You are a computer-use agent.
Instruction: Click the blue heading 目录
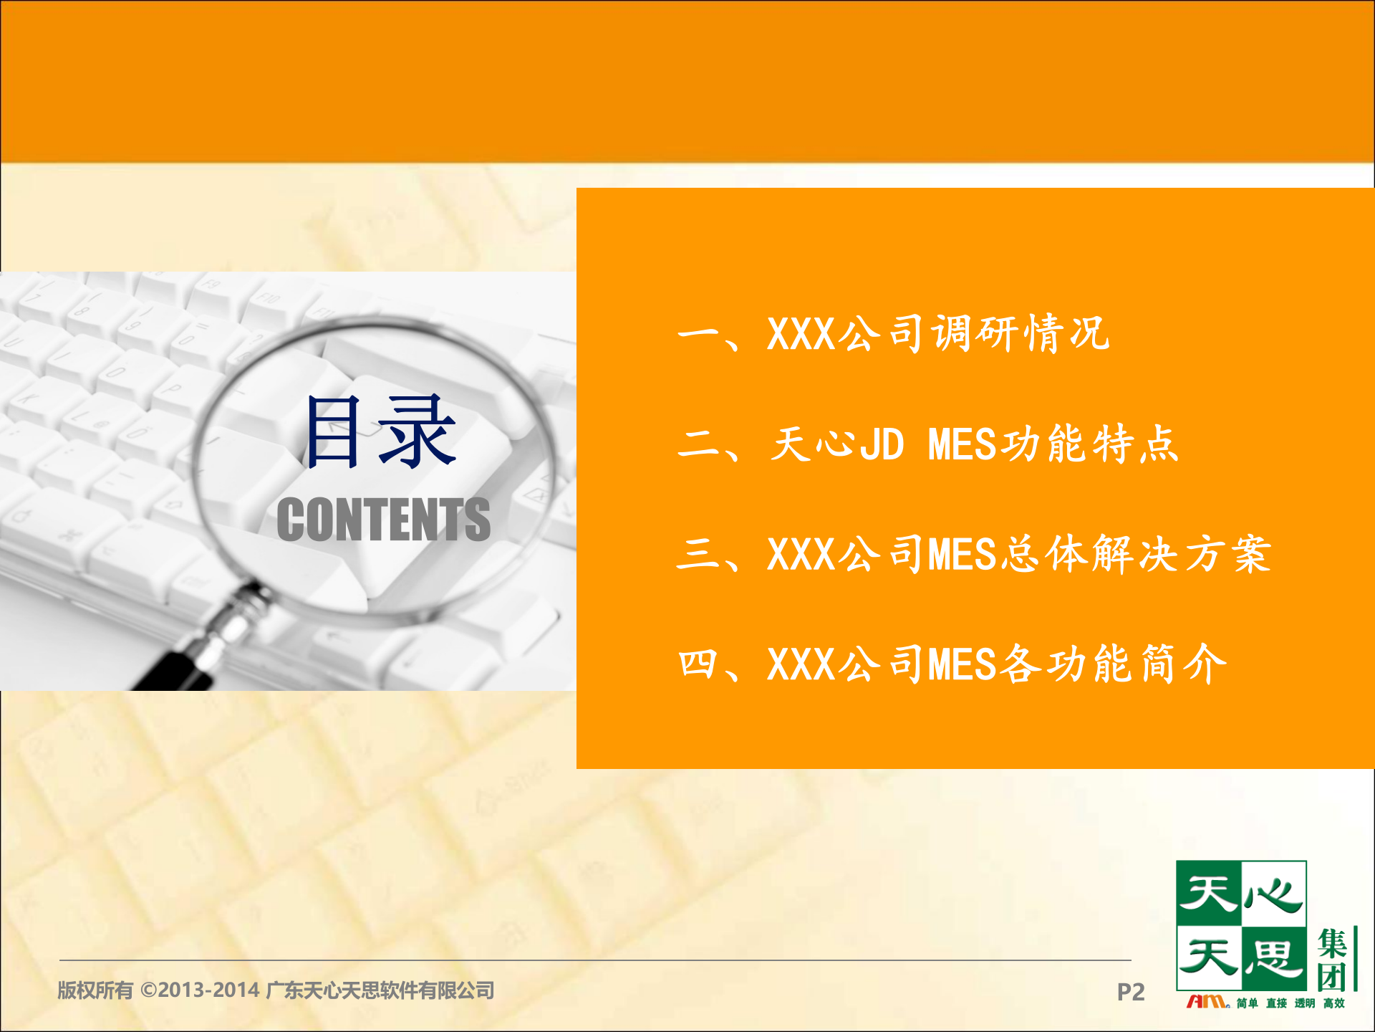(x=380, y=432)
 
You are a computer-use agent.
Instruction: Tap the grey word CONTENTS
(x=383, y=520)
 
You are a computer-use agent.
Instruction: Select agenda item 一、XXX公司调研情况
(x=893, y=334)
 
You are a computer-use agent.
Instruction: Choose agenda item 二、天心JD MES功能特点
(x=927, y=444)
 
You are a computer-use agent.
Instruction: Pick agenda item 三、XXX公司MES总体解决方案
(x=974, y=554)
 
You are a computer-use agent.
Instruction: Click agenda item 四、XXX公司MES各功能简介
(x=952, y=664)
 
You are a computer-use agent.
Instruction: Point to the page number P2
(x=1130, y=992)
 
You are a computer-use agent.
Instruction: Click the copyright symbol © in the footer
(x=148, y=990)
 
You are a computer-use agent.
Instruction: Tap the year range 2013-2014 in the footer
(x=208, y=990)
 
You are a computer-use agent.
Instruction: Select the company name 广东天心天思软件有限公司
(x=380, y=990)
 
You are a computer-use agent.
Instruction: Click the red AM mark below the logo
(x=1207, y=1002)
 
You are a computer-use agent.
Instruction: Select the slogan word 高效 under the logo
(x=1333, y=1003)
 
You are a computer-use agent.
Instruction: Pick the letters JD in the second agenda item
(x=882, y=444)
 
